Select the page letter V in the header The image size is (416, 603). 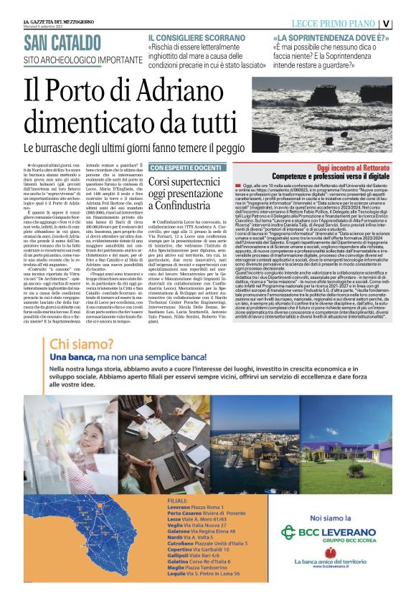406,23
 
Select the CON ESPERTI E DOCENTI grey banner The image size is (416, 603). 186,168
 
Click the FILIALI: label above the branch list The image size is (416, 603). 176,499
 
